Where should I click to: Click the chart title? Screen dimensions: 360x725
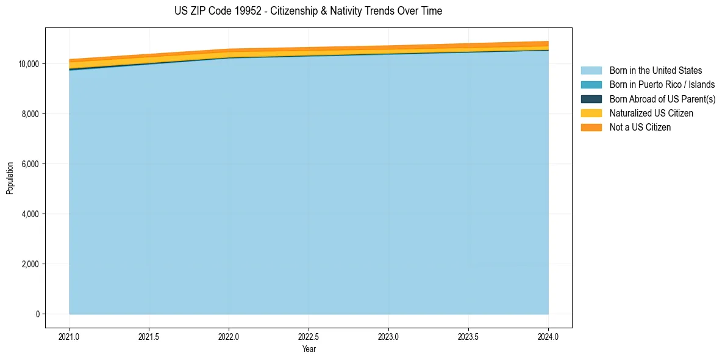308,11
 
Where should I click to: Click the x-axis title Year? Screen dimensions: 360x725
309,349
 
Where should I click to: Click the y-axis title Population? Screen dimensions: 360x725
10,178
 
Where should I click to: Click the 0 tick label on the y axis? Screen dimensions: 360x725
37,314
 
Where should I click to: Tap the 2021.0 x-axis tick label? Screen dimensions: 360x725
70,336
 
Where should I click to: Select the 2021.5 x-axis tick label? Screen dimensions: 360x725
149,336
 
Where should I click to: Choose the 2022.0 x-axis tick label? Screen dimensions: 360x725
229,336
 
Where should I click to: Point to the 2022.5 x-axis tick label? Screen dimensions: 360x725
309,336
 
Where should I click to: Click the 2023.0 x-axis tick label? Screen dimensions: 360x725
388,336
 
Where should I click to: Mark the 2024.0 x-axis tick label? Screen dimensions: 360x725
548,336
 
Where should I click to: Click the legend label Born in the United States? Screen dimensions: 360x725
655,71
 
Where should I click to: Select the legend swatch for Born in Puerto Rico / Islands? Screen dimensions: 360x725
591,85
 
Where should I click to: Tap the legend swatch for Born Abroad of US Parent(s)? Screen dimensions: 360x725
591,99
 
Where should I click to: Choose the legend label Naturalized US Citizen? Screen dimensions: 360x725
651,113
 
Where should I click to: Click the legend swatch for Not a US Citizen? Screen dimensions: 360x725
591,128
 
